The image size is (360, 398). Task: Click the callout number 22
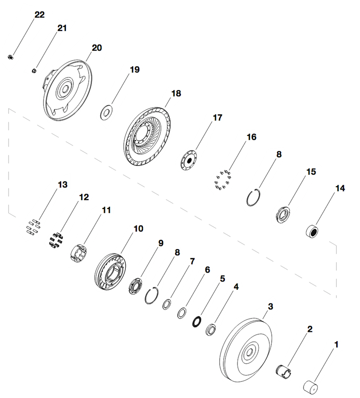pyautogui.click(x=39, y=15)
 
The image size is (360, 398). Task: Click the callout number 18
pyautogui.click(x=176, y=93)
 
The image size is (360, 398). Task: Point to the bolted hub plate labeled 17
pyautogui.click(x=189, y=160)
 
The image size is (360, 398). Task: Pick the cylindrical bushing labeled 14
pyautogui.click(x=313, y=231)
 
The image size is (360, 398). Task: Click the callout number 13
pyautogui.click(x=63, y=185)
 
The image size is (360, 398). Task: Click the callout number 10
pyautogui.click(x=138, y=229)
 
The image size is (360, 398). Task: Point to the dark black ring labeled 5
pyautogui.click(x=197, y=321)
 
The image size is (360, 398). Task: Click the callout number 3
pyautogui.click(x=270, y=306)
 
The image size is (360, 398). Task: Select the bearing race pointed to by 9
pyautogui.click(x=136, y=289)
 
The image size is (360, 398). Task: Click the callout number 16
pyautogui.click(x=252, y=137)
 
